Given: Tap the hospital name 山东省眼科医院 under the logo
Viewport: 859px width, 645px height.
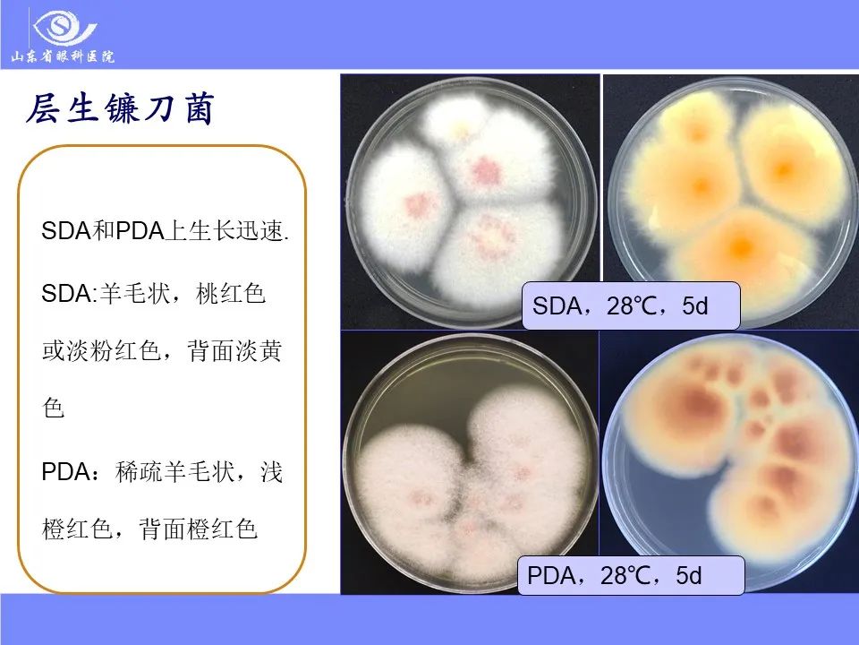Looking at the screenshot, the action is [63, 56].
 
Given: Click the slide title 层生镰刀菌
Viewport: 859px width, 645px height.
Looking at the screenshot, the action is [119, 108].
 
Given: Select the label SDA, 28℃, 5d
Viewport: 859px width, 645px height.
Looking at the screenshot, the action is [631, 305].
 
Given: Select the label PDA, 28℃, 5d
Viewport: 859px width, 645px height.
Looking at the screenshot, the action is [631, 575].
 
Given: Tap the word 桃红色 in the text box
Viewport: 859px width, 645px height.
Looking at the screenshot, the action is [231, 294].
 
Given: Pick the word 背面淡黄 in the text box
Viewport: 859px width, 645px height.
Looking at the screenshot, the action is [234, 350].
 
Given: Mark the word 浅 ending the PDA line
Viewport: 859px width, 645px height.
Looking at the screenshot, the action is [271, 472].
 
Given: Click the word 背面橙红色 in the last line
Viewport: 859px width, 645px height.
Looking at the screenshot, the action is [198, 529].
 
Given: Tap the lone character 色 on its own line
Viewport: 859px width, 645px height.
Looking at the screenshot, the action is [54, 408].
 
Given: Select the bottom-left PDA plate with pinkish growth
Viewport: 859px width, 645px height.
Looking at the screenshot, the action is [470, 463].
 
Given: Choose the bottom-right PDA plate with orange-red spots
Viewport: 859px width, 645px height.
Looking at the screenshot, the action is [730, 462].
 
